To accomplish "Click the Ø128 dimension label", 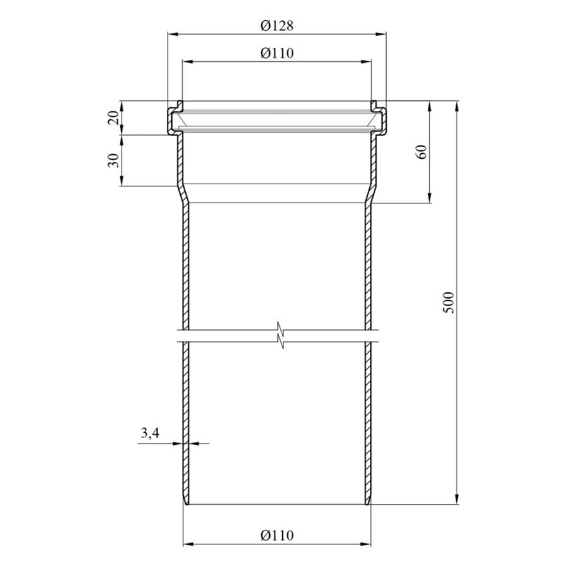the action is tap(277, 26).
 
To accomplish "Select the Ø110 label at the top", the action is tap(277, 54).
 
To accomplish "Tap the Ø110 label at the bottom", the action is tap(277, 535).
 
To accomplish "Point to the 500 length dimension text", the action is tap(448, 302).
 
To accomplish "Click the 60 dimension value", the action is tap(421, 152).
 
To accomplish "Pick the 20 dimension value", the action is tap(113, 118).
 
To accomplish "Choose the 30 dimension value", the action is tap(113, 160).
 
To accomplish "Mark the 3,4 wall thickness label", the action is tap(150, 432).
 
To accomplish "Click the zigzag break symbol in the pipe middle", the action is tap(280, 335).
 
